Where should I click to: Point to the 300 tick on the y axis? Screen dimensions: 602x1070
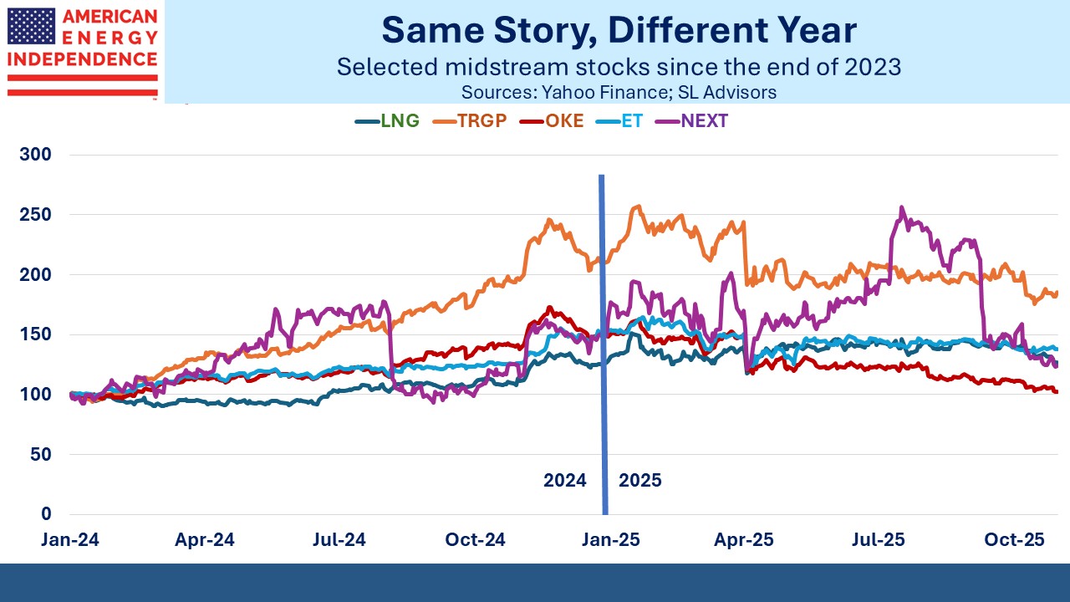35,155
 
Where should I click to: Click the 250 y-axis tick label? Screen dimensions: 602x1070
35,215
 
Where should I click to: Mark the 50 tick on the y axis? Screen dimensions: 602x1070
40,454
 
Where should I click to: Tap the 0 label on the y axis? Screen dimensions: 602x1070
46,514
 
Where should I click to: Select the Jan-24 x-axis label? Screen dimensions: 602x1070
70,540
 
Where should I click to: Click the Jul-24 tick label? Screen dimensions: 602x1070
339,540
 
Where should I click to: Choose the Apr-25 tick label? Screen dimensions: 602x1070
742,540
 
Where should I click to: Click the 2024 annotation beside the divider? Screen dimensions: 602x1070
565,481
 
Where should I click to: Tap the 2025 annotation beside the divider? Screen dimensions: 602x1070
640,481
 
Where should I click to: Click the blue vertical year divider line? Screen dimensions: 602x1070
602,334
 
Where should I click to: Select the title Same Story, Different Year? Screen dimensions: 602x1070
619,31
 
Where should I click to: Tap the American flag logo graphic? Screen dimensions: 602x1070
31,27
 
